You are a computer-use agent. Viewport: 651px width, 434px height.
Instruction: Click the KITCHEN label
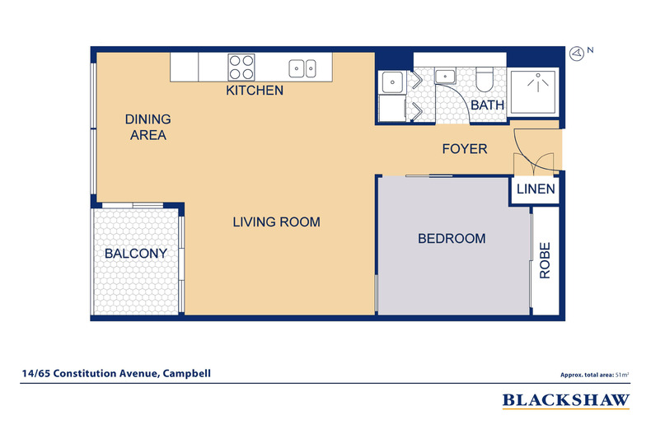(x=255, y=91)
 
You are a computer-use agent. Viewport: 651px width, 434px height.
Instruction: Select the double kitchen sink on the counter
(x=302, y=68)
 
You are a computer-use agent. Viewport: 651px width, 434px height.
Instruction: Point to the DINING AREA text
(x=148, y=127)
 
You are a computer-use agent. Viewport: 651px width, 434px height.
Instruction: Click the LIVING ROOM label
(x=275, y=222)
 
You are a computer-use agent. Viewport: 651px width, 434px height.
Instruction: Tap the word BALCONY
(x=135, y=254)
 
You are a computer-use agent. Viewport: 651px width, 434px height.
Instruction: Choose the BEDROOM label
(x=452, y=239)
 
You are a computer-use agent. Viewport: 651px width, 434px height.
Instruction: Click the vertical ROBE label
(x=545, y=261)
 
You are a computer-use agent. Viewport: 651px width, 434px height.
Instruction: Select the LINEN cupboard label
(x=536, y=190)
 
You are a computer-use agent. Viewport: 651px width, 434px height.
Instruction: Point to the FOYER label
(x=465, y=149)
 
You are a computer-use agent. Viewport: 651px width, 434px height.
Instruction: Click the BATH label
(x=487, y=105)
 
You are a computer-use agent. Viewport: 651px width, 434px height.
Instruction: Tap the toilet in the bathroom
(x=485, y=80)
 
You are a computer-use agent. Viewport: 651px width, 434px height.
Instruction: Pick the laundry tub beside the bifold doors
(x=390, y=82)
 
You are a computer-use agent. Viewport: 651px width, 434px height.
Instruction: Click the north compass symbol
(x=578, y=53)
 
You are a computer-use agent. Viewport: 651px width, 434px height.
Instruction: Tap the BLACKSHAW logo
(x=566, y=401)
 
